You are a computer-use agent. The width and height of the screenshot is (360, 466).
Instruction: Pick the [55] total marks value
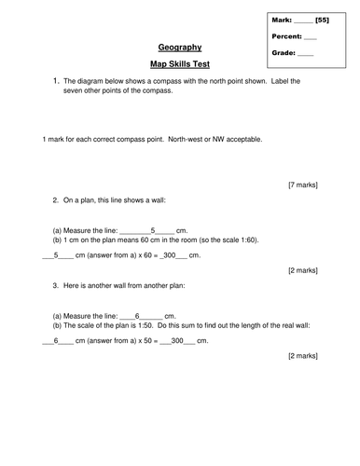coord(323,20)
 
